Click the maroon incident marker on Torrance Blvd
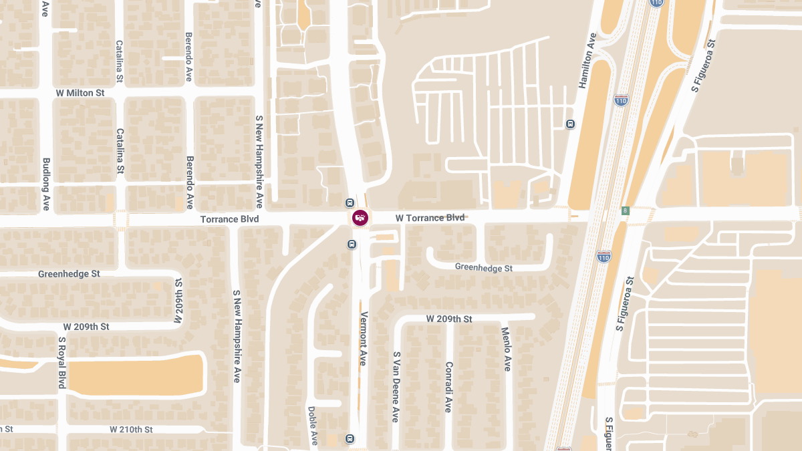(360, 218)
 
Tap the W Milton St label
(81, 93)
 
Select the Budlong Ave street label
(46, 184)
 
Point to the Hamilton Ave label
(587, 61)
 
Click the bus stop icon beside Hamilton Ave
(570, 124)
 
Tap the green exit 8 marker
(626, 211)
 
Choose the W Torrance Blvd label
(430, 218)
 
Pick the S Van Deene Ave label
(396, 387)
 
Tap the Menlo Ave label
(507, 349)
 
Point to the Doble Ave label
(312, 426)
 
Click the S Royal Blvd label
(61, 362)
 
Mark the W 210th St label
(132, 429)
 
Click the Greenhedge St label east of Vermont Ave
(484, 267)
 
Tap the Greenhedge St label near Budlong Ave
(69, 274)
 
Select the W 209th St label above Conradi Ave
(449, 319)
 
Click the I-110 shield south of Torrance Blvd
(604, 256)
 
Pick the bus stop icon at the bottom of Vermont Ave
(350, 438)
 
